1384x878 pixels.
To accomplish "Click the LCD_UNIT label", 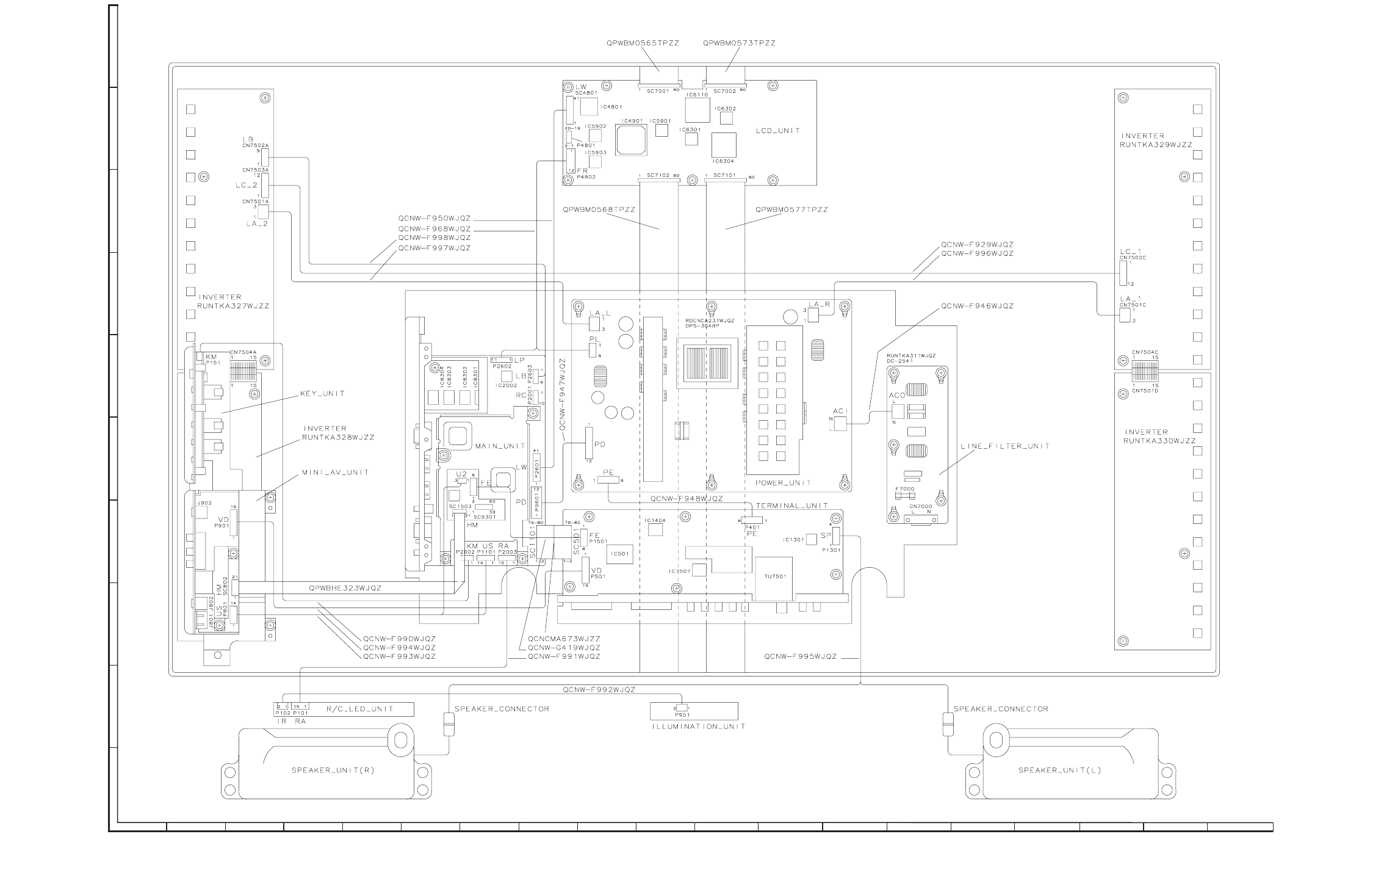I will (777, 131).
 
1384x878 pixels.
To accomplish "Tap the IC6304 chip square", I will (723, 145).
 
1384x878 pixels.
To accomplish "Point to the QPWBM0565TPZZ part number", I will (643, 43).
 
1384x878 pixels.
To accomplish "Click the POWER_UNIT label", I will (783, 483).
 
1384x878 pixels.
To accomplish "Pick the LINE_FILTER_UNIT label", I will (1005, 446).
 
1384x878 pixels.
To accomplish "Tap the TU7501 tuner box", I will (775, 575).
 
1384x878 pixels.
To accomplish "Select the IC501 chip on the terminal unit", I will (619, 554).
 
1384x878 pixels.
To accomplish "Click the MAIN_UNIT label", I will (500, 446).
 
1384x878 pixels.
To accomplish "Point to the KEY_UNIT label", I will (322, 394).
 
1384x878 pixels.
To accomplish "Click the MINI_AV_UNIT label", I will (335, 473).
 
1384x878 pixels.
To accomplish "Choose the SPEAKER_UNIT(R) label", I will (333, 771).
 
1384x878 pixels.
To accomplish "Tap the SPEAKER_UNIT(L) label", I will (1059, 771).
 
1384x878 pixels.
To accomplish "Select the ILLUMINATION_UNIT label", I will (698, 727).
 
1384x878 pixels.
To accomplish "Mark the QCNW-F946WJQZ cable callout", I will (977, 306).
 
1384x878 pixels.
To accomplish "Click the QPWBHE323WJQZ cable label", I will (345, 588).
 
